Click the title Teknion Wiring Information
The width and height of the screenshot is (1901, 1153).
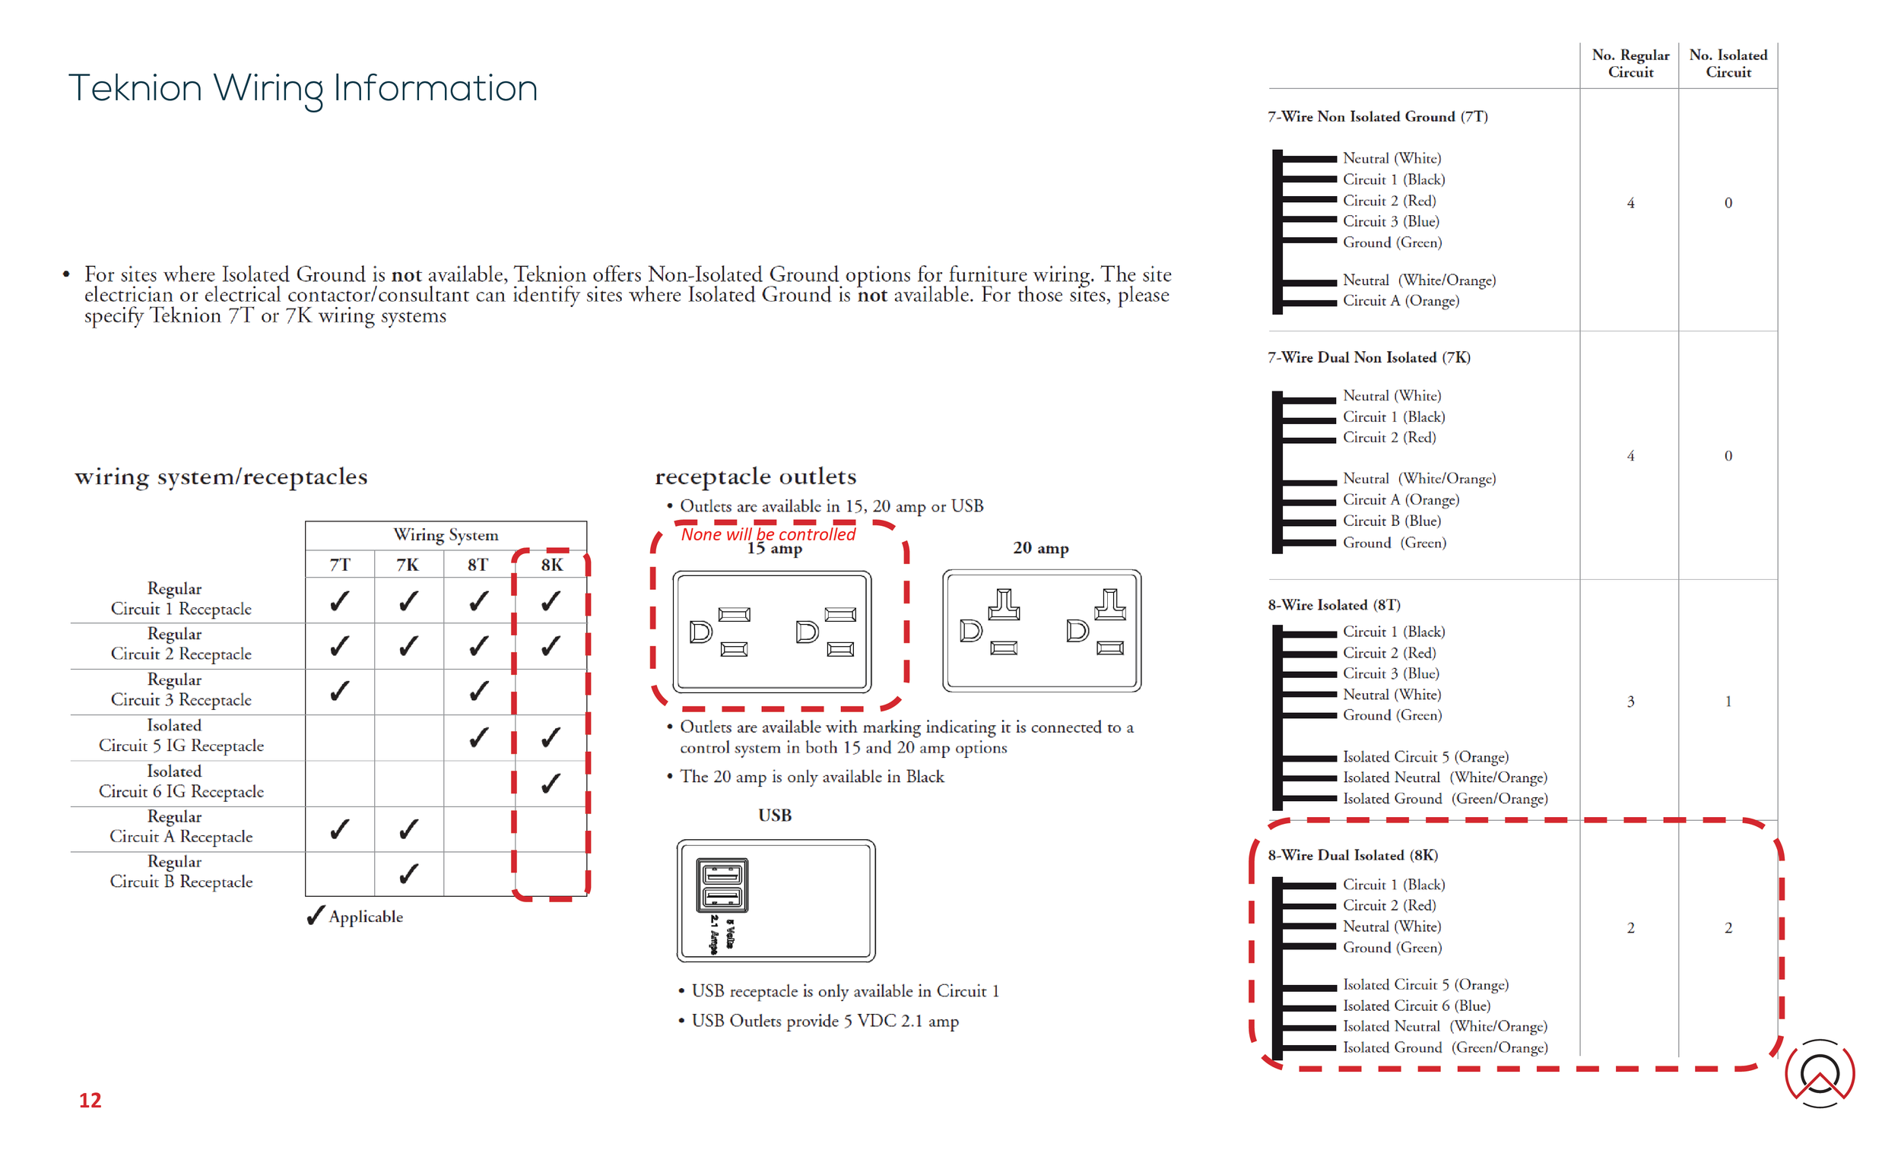pos(303,88)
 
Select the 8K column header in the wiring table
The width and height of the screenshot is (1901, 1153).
pos(551,565)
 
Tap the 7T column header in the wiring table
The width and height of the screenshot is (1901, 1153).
pos(339,565)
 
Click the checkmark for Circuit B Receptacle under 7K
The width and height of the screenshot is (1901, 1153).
pos(409,874)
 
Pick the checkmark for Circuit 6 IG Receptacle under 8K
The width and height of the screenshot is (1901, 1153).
pos(551,784)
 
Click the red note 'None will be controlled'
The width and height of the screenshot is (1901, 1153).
pos(768,534)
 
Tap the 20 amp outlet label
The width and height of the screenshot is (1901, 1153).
pos(1040,547)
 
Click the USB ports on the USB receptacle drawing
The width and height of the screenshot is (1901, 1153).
pos(722,884)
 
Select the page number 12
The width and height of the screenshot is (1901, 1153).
pos(90,1100)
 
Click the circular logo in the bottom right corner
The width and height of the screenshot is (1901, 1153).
pos(1819,1072)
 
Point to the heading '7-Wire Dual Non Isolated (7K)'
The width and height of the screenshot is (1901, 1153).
pos(1369,357)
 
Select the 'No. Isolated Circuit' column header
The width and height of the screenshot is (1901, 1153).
pos(1728,63)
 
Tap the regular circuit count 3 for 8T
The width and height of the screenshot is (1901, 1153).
pos(1630,701)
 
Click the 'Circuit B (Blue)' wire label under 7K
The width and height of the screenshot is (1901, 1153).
pos(1391,521)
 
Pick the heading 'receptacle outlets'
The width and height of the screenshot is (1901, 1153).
pos(755,476)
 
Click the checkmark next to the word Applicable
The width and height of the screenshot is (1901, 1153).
pos(316,915)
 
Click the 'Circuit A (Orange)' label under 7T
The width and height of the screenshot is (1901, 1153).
pos(1401,301)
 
